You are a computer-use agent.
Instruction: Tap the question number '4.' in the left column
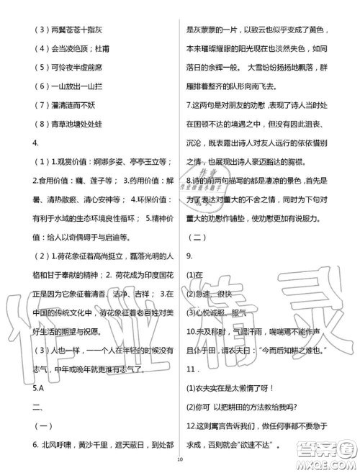17,143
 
